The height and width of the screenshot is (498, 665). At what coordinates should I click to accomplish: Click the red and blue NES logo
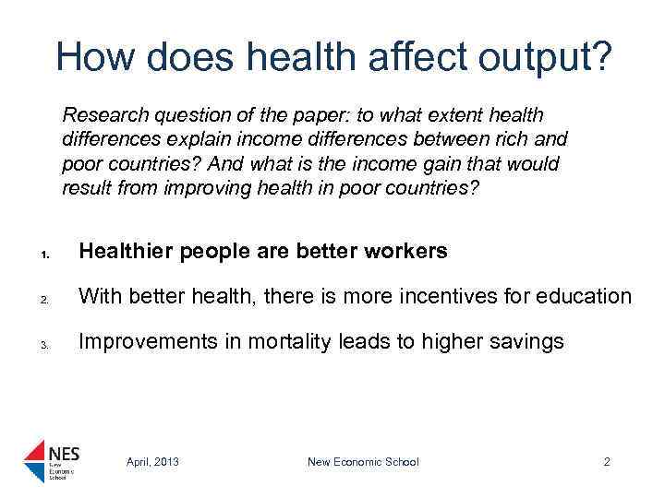[52, 458]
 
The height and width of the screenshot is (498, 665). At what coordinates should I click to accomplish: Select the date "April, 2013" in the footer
[152, 462]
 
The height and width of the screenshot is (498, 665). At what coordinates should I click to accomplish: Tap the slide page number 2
[607, 462]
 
